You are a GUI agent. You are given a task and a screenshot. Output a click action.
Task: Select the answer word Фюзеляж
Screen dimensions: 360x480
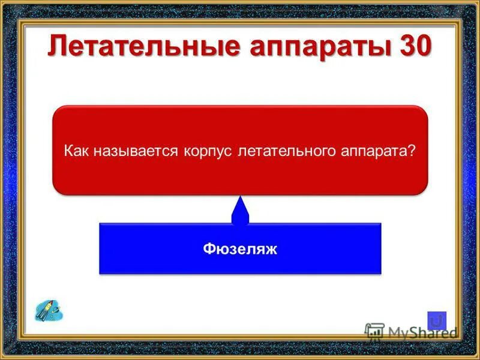tap(240, 249)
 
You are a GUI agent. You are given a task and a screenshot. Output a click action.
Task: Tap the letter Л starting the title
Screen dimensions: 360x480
tap(58, 47)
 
